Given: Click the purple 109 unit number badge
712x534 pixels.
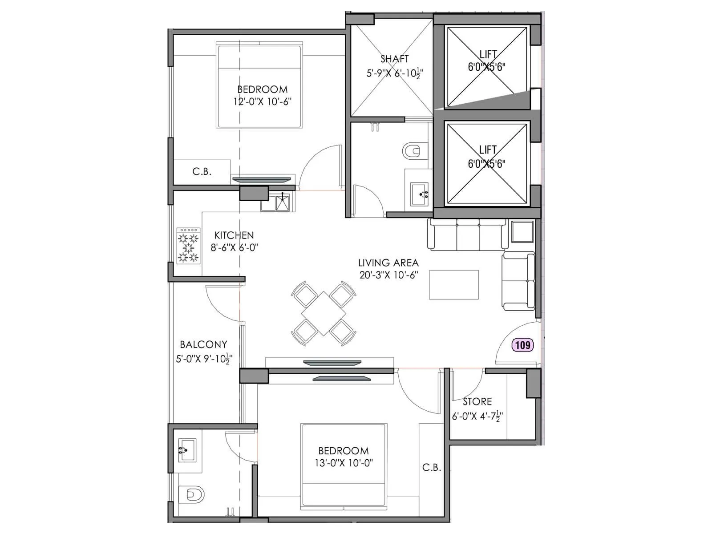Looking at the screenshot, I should (522, 345).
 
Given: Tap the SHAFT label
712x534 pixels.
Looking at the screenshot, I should (394, 59).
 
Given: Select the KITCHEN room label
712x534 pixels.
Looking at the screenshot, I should (234, 235).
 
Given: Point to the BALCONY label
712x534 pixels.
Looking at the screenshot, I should (203, 344).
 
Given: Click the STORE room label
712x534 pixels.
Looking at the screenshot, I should (477, 402).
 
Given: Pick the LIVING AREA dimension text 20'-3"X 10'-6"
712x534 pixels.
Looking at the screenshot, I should (388, 275).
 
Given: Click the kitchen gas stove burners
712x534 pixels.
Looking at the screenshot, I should (188, 246).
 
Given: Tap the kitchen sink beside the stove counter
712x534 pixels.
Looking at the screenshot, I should (283, 203).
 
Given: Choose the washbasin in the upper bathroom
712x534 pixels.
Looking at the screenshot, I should (419, 194).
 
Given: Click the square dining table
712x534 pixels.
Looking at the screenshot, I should (324, 314).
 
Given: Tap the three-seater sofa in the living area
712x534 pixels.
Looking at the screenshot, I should (468, 234).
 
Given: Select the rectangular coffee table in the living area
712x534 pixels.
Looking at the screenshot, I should (453, 284).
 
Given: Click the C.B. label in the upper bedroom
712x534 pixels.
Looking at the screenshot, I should (202, 172).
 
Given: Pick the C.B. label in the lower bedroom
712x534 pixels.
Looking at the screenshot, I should (431, 468).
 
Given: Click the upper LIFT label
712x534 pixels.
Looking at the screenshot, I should (488, 54).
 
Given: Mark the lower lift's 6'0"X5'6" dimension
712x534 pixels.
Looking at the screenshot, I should (486, 164).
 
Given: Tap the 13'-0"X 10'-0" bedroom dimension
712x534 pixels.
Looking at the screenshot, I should (344, 463).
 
